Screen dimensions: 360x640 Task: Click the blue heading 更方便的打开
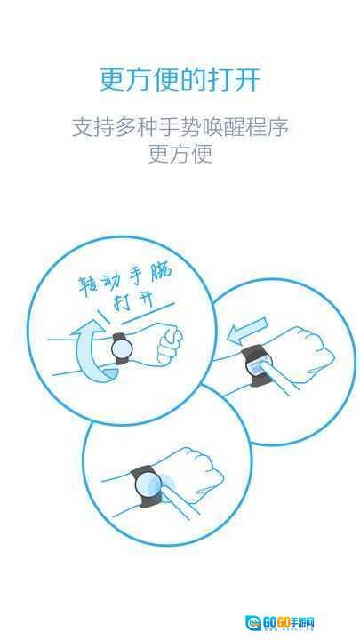point(180,80)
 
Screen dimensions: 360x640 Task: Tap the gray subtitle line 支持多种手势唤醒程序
point(180,127)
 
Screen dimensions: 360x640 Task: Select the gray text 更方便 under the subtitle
point(180,155)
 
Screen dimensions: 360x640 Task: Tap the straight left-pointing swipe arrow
point(248,330)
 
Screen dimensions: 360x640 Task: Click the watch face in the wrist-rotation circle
point(122,349)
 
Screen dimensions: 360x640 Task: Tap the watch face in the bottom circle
point(148,485)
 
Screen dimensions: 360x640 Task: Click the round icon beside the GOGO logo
point(253,623)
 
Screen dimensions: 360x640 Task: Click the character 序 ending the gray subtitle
point(278,127)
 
